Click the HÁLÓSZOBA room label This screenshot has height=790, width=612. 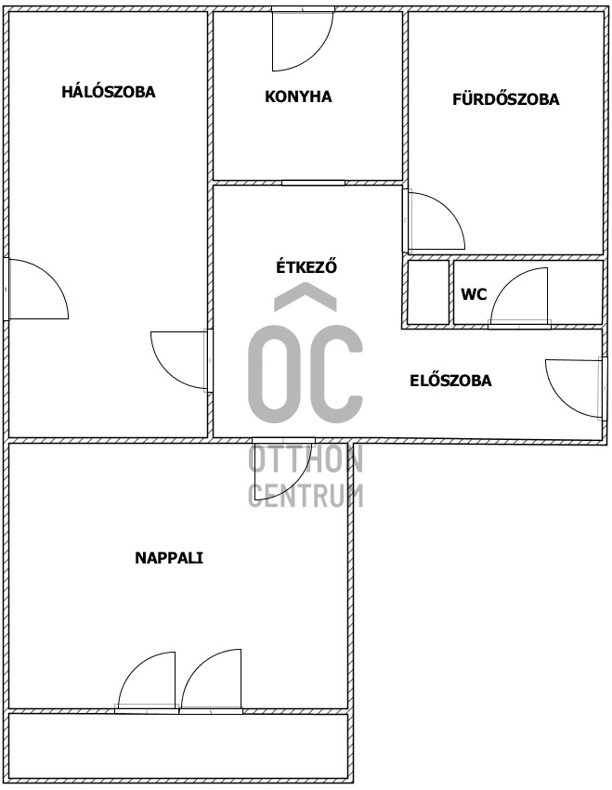point(109,92)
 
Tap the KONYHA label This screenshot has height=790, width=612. point(298,96)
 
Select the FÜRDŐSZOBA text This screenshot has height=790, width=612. point(505,99)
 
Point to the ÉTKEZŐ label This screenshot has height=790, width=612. point(306,267)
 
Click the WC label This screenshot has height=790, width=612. point(474,294)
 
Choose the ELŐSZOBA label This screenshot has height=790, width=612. point(450,380)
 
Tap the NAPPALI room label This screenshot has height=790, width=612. point(169,558)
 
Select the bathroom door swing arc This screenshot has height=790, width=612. point(432,221)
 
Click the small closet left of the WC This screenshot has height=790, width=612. point(428,292)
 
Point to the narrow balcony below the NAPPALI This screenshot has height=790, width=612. point(178,745)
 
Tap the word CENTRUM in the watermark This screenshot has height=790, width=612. point(306,495)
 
